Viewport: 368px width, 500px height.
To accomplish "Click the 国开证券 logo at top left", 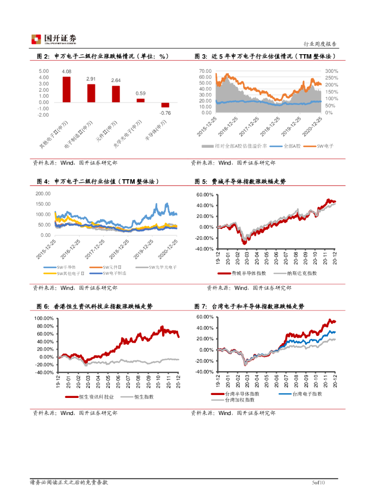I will click(54, 39).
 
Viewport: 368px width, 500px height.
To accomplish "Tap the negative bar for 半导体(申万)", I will click(165, 105).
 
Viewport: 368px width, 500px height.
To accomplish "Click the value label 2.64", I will click(116, 81).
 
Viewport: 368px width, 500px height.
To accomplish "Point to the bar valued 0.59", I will click(141, 100).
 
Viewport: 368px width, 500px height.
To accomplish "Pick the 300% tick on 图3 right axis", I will click(331, 71).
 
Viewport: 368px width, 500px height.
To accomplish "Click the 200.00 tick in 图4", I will click(43, 193).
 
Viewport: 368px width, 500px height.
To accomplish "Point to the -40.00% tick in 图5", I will click(204, 249).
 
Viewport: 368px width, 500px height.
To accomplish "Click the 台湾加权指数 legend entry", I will click(239, 400).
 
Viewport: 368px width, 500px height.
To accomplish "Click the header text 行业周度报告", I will click(320, 43).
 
